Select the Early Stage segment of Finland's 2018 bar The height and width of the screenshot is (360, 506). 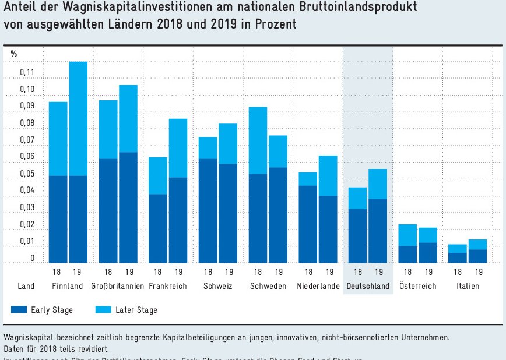pyautogui.click(x=58, y=219)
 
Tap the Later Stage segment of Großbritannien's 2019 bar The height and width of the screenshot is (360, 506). pyautogui.click(x=128, y=118)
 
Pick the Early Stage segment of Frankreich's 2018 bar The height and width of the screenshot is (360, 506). pyautogui.click(x=159, y=228)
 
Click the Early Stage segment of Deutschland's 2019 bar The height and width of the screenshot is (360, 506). pyautogui.click(x=378, y=231)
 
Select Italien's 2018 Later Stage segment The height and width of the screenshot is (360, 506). pyautogui.click(x=458, y=248)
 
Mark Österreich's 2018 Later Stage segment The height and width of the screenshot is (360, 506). pyautogui.click(x=407, y=235)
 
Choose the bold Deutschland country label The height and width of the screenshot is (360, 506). pyautogui.click(x=367, y=287)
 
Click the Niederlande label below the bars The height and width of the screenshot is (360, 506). pyautogui.click(x=318, y=287)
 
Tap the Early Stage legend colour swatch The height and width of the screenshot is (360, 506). pyautogui.click(x=19, y=310)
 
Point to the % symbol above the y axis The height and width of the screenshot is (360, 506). pyautogui.click(x=14, y=54)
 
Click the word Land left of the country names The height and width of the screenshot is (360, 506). pyautogui.click(x=26, y=287)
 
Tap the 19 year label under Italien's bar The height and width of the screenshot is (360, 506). pyautogui.click(x=479, y=272)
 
